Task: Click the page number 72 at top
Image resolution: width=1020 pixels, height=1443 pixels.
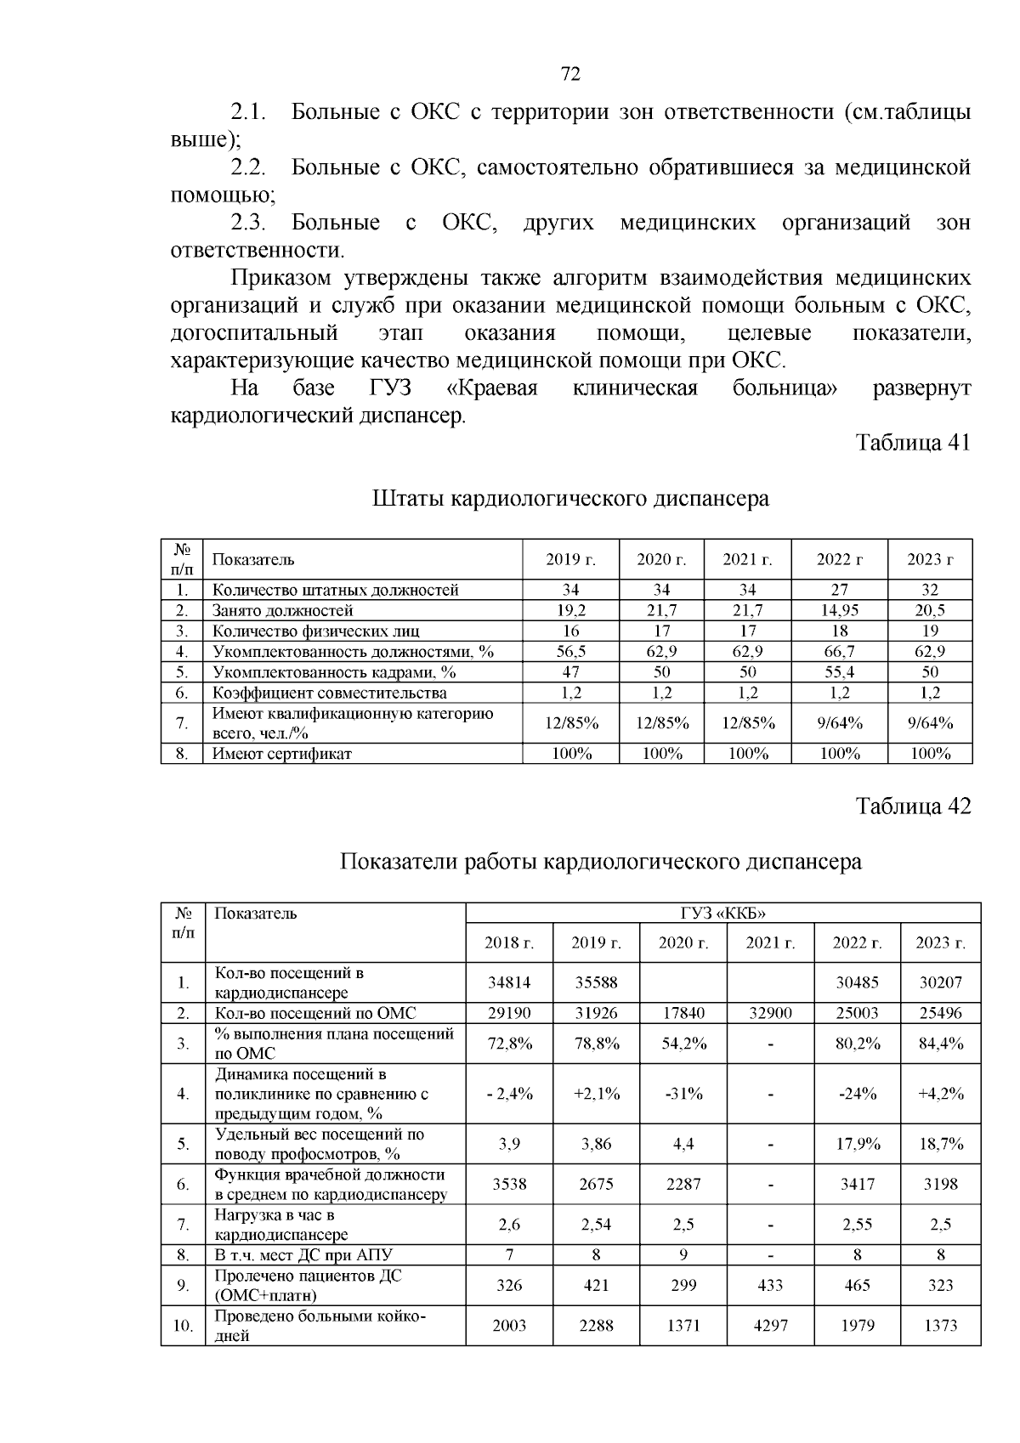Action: (571, 74)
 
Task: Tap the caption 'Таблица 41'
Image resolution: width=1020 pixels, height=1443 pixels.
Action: (912, 443)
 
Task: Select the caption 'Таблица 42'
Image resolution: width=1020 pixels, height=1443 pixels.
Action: (912, 806)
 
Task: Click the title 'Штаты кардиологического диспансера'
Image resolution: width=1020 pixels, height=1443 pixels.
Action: (570, 498)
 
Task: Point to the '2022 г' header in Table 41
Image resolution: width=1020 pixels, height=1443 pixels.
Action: (839, 559)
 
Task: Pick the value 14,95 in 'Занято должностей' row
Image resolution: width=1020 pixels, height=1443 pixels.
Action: (839, 610)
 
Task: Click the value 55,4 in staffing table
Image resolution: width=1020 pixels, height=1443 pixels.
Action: (839, 672)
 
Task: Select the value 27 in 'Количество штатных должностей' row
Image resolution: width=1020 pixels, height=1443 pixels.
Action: (839, 590)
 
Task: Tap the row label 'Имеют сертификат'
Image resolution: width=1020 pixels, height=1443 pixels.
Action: (281, 754)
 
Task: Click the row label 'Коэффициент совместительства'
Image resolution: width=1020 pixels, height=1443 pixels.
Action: (329, 693)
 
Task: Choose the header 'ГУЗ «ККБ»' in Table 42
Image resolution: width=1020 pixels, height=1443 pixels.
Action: (722, 914)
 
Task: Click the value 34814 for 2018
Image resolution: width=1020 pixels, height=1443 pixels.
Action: (508, 982)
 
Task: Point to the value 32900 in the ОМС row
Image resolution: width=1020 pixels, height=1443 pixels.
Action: (769, 1013)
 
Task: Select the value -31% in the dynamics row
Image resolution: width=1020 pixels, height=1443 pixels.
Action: (683, 1094)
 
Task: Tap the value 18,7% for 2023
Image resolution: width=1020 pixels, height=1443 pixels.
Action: (940, 1144)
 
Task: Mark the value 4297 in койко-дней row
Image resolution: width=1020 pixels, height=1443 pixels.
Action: (769, 1326)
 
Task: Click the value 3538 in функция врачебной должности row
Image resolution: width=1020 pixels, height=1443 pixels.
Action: (508, 1184)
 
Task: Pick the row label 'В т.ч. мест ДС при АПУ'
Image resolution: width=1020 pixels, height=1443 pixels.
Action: (303, 1255)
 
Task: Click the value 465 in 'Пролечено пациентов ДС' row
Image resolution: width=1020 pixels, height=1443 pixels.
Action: (857, 1286)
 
